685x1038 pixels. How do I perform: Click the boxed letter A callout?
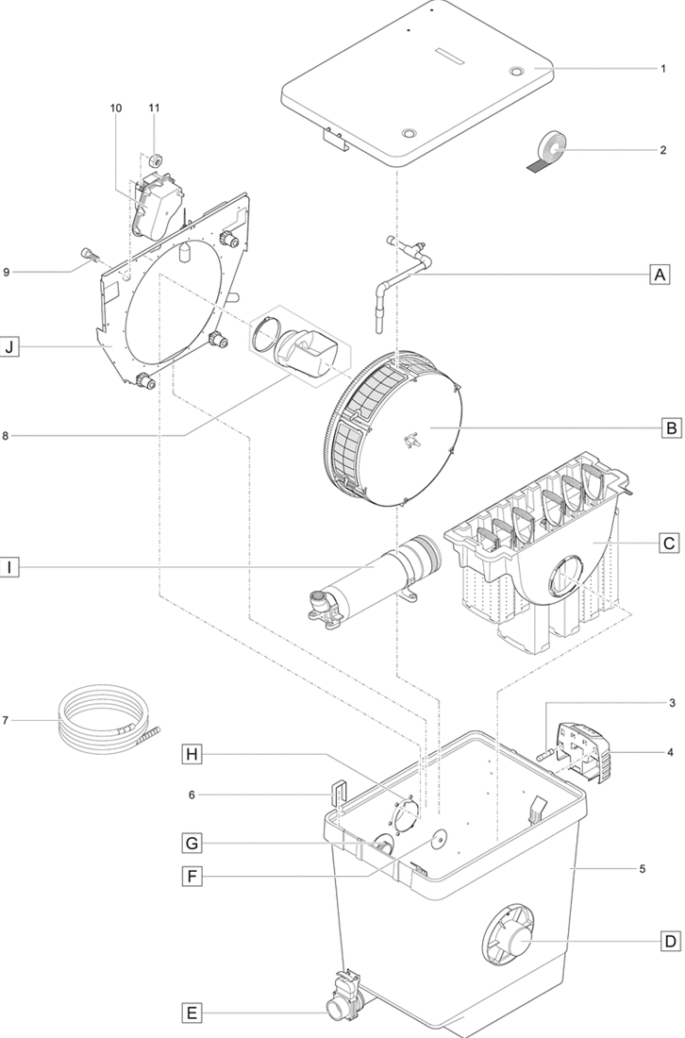point(660,274)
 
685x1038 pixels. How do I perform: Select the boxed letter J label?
point(9,346)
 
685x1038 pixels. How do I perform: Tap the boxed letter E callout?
point(192,1013)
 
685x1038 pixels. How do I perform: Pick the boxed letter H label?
point(192,754)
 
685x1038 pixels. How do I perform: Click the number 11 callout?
point(154,108)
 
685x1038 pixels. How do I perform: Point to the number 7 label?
point(6,720)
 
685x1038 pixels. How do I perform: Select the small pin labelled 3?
point(546,754)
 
